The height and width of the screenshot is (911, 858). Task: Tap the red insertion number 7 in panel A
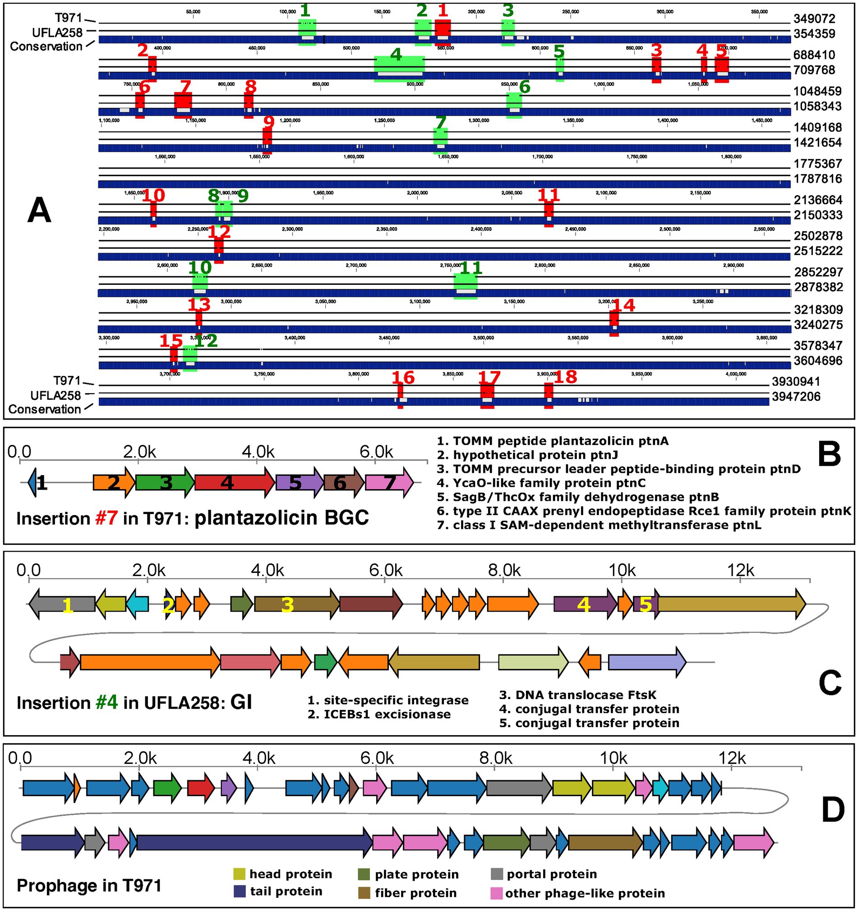pyautogui.click(x=185, y=86)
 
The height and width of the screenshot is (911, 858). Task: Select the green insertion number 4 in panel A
pyautogui.click(x=396, y=55)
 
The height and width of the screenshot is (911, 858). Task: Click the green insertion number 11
pyautogui.click(x=471, y=268)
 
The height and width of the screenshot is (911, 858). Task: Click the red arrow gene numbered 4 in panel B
pyautogui.click(x=234, y=482)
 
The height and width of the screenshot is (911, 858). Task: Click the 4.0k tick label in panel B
pyautogui.click(x=258, y=452)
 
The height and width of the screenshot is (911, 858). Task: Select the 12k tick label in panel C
pyautogui.click(x=741, y=571)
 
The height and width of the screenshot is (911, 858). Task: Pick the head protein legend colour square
pyautogui.click(x=239, y=874)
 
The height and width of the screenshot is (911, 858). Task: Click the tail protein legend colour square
pyautogui.click(x=240, y=891)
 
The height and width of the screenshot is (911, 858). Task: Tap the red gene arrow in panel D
pyautogui.click(x=201, y=787)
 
